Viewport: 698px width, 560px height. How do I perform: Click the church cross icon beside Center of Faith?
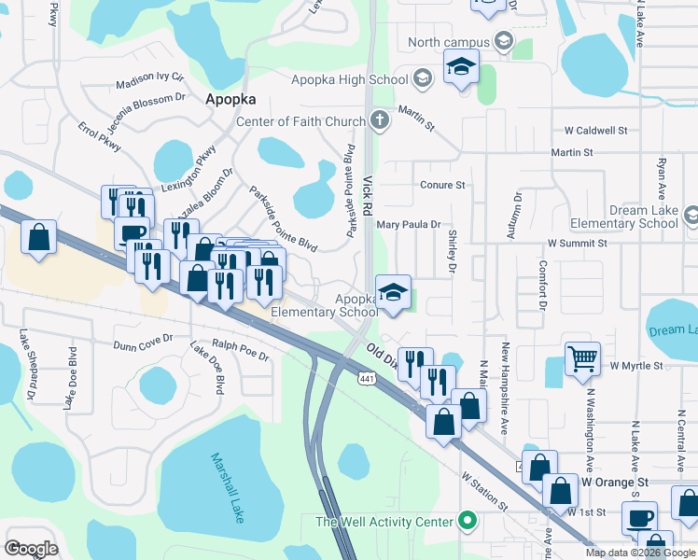pos(379,120)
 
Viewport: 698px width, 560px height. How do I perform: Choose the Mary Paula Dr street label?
pos(408,225)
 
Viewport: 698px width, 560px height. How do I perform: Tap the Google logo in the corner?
pos(31,548)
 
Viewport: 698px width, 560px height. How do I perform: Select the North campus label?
pos(449,42)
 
